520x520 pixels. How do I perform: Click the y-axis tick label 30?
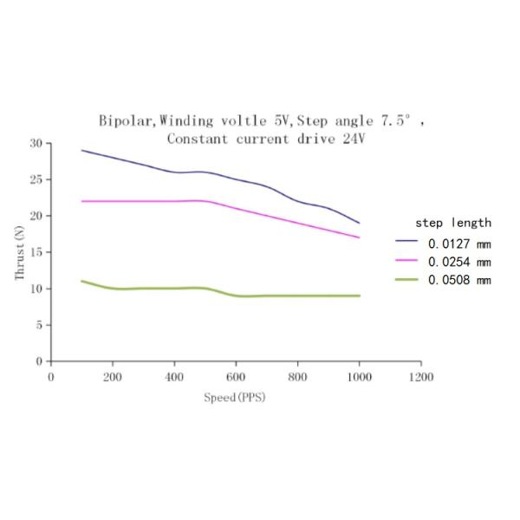click(35, 143)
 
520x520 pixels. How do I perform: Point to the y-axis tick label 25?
click(35, 179)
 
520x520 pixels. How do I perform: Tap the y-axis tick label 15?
click(35, 252)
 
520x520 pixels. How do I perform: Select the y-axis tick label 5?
click(38, 325)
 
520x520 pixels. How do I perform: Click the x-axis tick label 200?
click(112, 377)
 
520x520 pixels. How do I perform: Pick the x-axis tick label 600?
click(236, 377)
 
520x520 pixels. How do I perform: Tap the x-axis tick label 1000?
click(359, 377)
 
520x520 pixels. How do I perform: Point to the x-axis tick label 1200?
click(420, 377)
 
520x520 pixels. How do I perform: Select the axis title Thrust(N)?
click(20, 252)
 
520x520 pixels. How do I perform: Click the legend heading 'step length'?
click(453, 223)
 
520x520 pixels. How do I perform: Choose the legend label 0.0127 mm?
click(459, 243)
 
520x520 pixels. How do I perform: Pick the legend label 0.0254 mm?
click(459, 261)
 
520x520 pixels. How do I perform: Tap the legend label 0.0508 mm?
click(459, 279)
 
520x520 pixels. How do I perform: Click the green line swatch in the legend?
click(407, 279)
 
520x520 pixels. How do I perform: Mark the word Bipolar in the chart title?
click(127, 122)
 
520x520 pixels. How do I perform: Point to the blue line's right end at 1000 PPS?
click(359, 224)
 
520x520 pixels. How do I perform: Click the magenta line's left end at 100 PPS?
click(82, 201)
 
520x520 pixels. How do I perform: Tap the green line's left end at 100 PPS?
click(82, 281)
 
